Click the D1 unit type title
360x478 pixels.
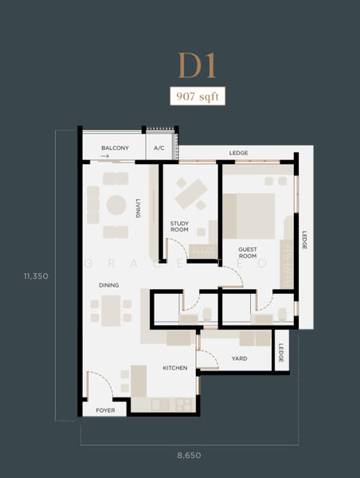[197, 65]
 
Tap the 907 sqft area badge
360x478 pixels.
[198, 96]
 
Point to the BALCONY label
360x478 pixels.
[115, 148]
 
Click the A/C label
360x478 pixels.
[159, 148]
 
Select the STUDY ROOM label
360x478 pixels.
[179, 226]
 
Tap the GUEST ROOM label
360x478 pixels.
[248, 253]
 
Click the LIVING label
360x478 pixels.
[138, 208]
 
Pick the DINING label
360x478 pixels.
[109, 285]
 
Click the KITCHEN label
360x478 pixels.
[175, 368]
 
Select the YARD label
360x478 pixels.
[239, 358]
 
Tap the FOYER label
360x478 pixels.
[105, 410]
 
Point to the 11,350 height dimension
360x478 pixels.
[36, 276]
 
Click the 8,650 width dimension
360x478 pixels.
[189, 456]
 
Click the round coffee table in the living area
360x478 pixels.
[116, 205]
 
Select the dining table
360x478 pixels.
[111, 311]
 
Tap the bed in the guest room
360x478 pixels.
[248, 216]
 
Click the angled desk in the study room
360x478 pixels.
[191, 194]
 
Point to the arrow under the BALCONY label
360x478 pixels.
[105, 156]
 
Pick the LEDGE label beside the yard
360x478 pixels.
[281, 353]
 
